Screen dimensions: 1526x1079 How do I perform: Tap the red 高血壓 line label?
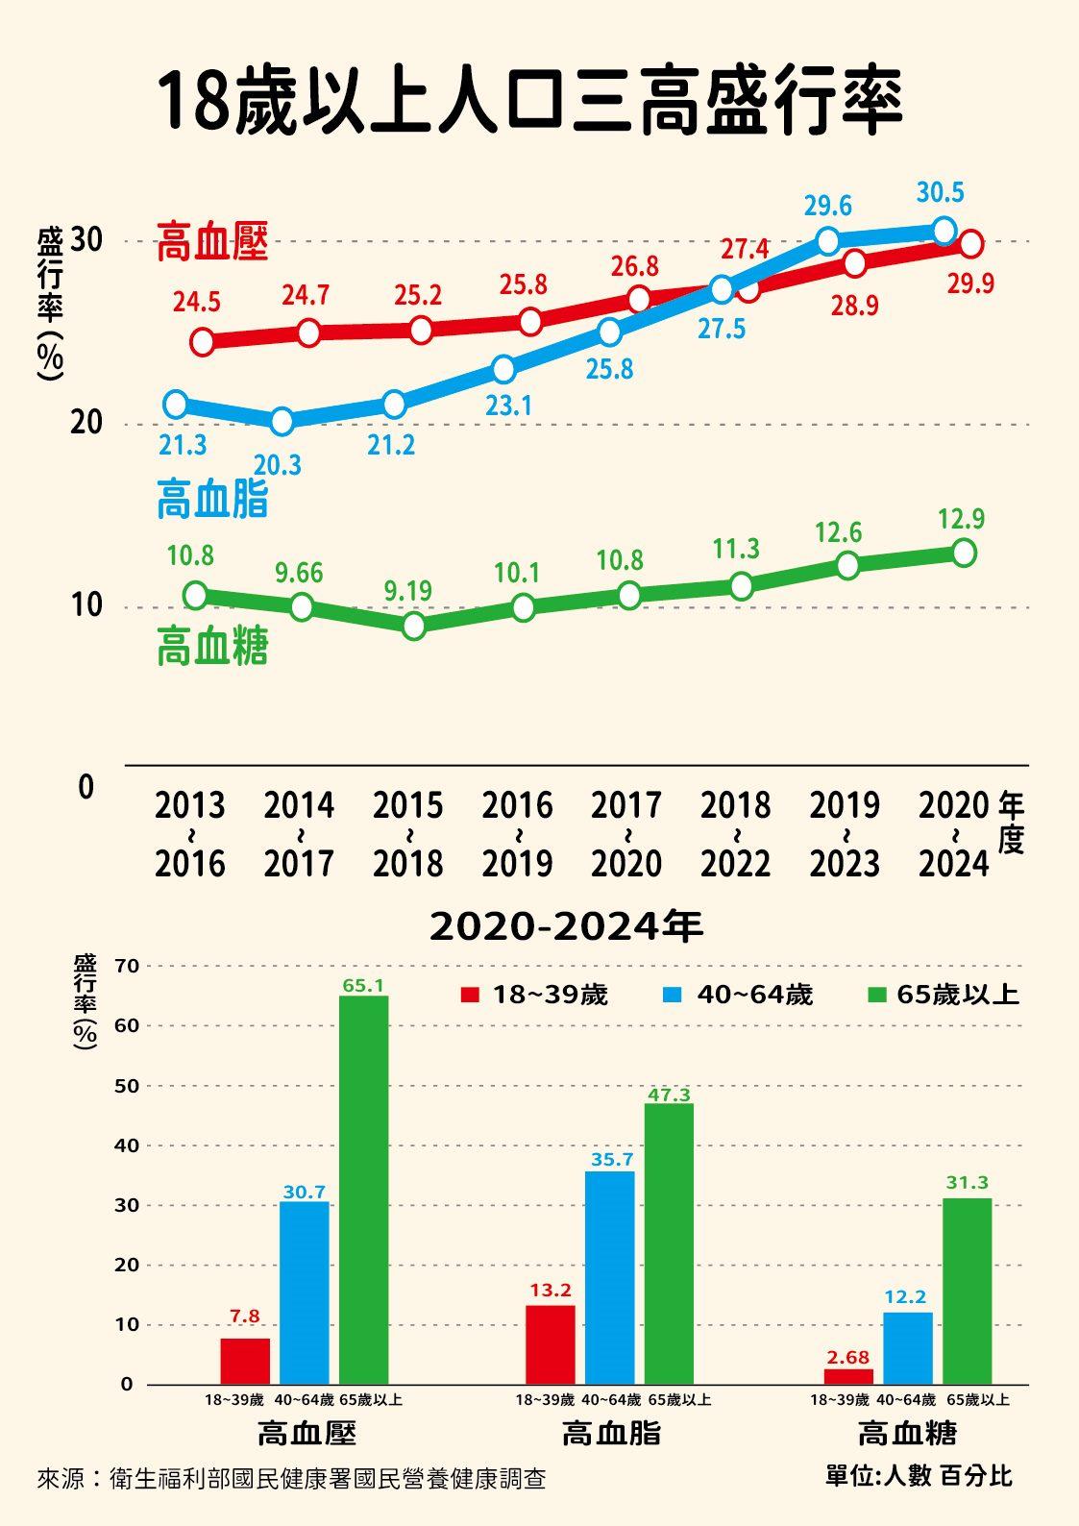212,242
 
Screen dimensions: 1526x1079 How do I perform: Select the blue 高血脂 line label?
212,500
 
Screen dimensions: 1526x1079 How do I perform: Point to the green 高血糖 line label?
212,647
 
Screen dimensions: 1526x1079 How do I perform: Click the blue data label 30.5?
940,193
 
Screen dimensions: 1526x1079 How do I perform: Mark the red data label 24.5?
197,303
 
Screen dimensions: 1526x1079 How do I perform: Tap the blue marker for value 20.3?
282,421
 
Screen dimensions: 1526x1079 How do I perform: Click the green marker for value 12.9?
964,553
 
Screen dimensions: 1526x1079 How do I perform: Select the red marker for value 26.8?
639,300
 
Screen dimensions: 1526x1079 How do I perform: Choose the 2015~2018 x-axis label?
408,834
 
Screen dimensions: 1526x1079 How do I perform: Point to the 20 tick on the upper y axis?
86,423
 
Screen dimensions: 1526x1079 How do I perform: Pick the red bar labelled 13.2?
551,1344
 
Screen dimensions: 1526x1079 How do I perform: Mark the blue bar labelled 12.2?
908,1348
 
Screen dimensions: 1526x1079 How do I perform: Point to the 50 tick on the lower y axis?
127,1086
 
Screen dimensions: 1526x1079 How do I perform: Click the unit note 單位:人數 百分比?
919,1476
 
